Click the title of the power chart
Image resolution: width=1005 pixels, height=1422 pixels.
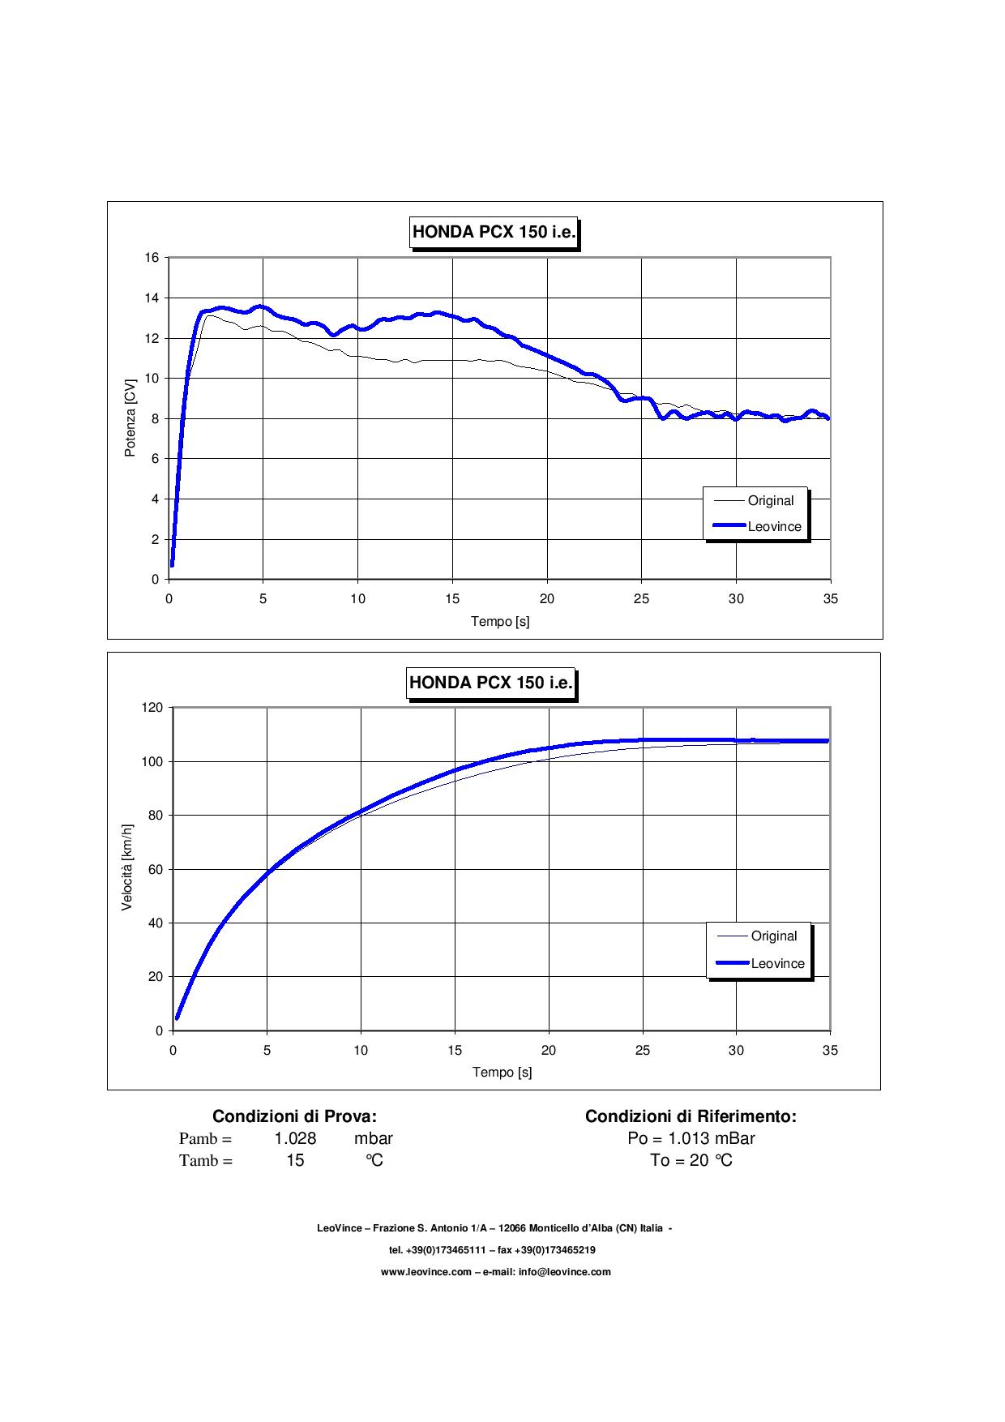[494, 232]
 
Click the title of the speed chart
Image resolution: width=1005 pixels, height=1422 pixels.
[491, 683]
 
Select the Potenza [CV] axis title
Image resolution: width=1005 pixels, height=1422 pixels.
[130, 418]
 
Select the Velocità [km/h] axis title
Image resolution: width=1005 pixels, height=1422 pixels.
[127, 868]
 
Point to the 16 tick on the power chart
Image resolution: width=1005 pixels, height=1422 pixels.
[152, 258]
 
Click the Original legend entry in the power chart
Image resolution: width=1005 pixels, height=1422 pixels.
[770, 501]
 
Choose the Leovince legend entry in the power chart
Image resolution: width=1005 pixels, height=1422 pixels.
[774, 527]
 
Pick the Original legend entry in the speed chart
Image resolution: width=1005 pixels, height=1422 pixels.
[773, 936]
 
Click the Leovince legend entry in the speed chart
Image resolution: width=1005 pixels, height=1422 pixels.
[777, 964]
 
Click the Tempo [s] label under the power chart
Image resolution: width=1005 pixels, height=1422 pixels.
[500, 622]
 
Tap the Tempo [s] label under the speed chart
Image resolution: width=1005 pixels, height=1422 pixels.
[502, 1073]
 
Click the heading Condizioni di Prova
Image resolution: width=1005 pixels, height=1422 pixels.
[294, 1116]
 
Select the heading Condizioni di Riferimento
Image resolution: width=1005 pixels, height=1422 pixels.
[691, 1116]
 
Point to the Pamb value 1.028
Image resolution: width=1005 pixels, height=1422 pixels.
[295, 1138]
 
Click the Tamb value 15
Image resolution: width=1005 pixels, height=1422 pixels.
[295, 1160]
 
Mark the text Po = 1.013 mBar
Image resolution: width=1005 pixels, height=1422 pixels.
[691, 1138]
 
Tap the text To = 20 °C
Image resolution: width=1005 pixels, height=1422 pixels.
[691, 1160]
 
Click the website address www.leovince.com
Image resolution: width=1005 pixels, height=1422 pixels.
[426, 1272]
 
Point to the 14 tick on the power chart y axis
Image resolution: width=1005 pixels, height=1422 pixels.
[152, 298]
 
